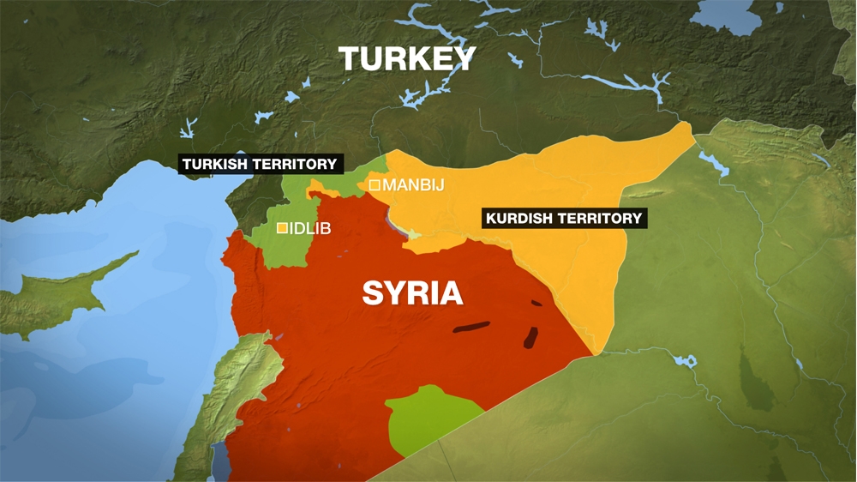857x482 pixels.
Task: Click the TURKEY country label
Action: coord(407,59)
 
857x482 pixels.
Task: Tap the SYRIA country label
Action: coord(412,293)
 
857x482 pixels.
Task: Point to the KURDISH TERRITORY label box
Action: coord(563,218)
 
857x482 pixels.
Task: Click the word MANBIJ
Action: coord(413,184)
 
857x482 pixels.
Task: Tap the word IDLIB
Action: coord(310,228)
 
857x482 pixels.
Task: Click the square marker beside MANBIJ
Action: coord(375,184)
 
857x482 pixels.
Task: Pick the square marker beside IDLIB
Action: coord(282,228)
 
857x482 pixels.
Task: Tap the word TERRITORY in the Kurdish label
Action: coord(602,218)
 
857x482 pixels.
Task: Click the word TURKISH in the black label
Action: coord(213,164)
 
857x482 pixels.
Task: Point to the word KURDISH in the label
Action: coord(522,218)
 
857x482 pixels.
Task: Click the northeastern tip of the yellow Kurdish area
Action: coord(688,127)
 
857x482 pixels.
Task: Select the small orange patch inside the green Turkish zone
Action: coord(319,188)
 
